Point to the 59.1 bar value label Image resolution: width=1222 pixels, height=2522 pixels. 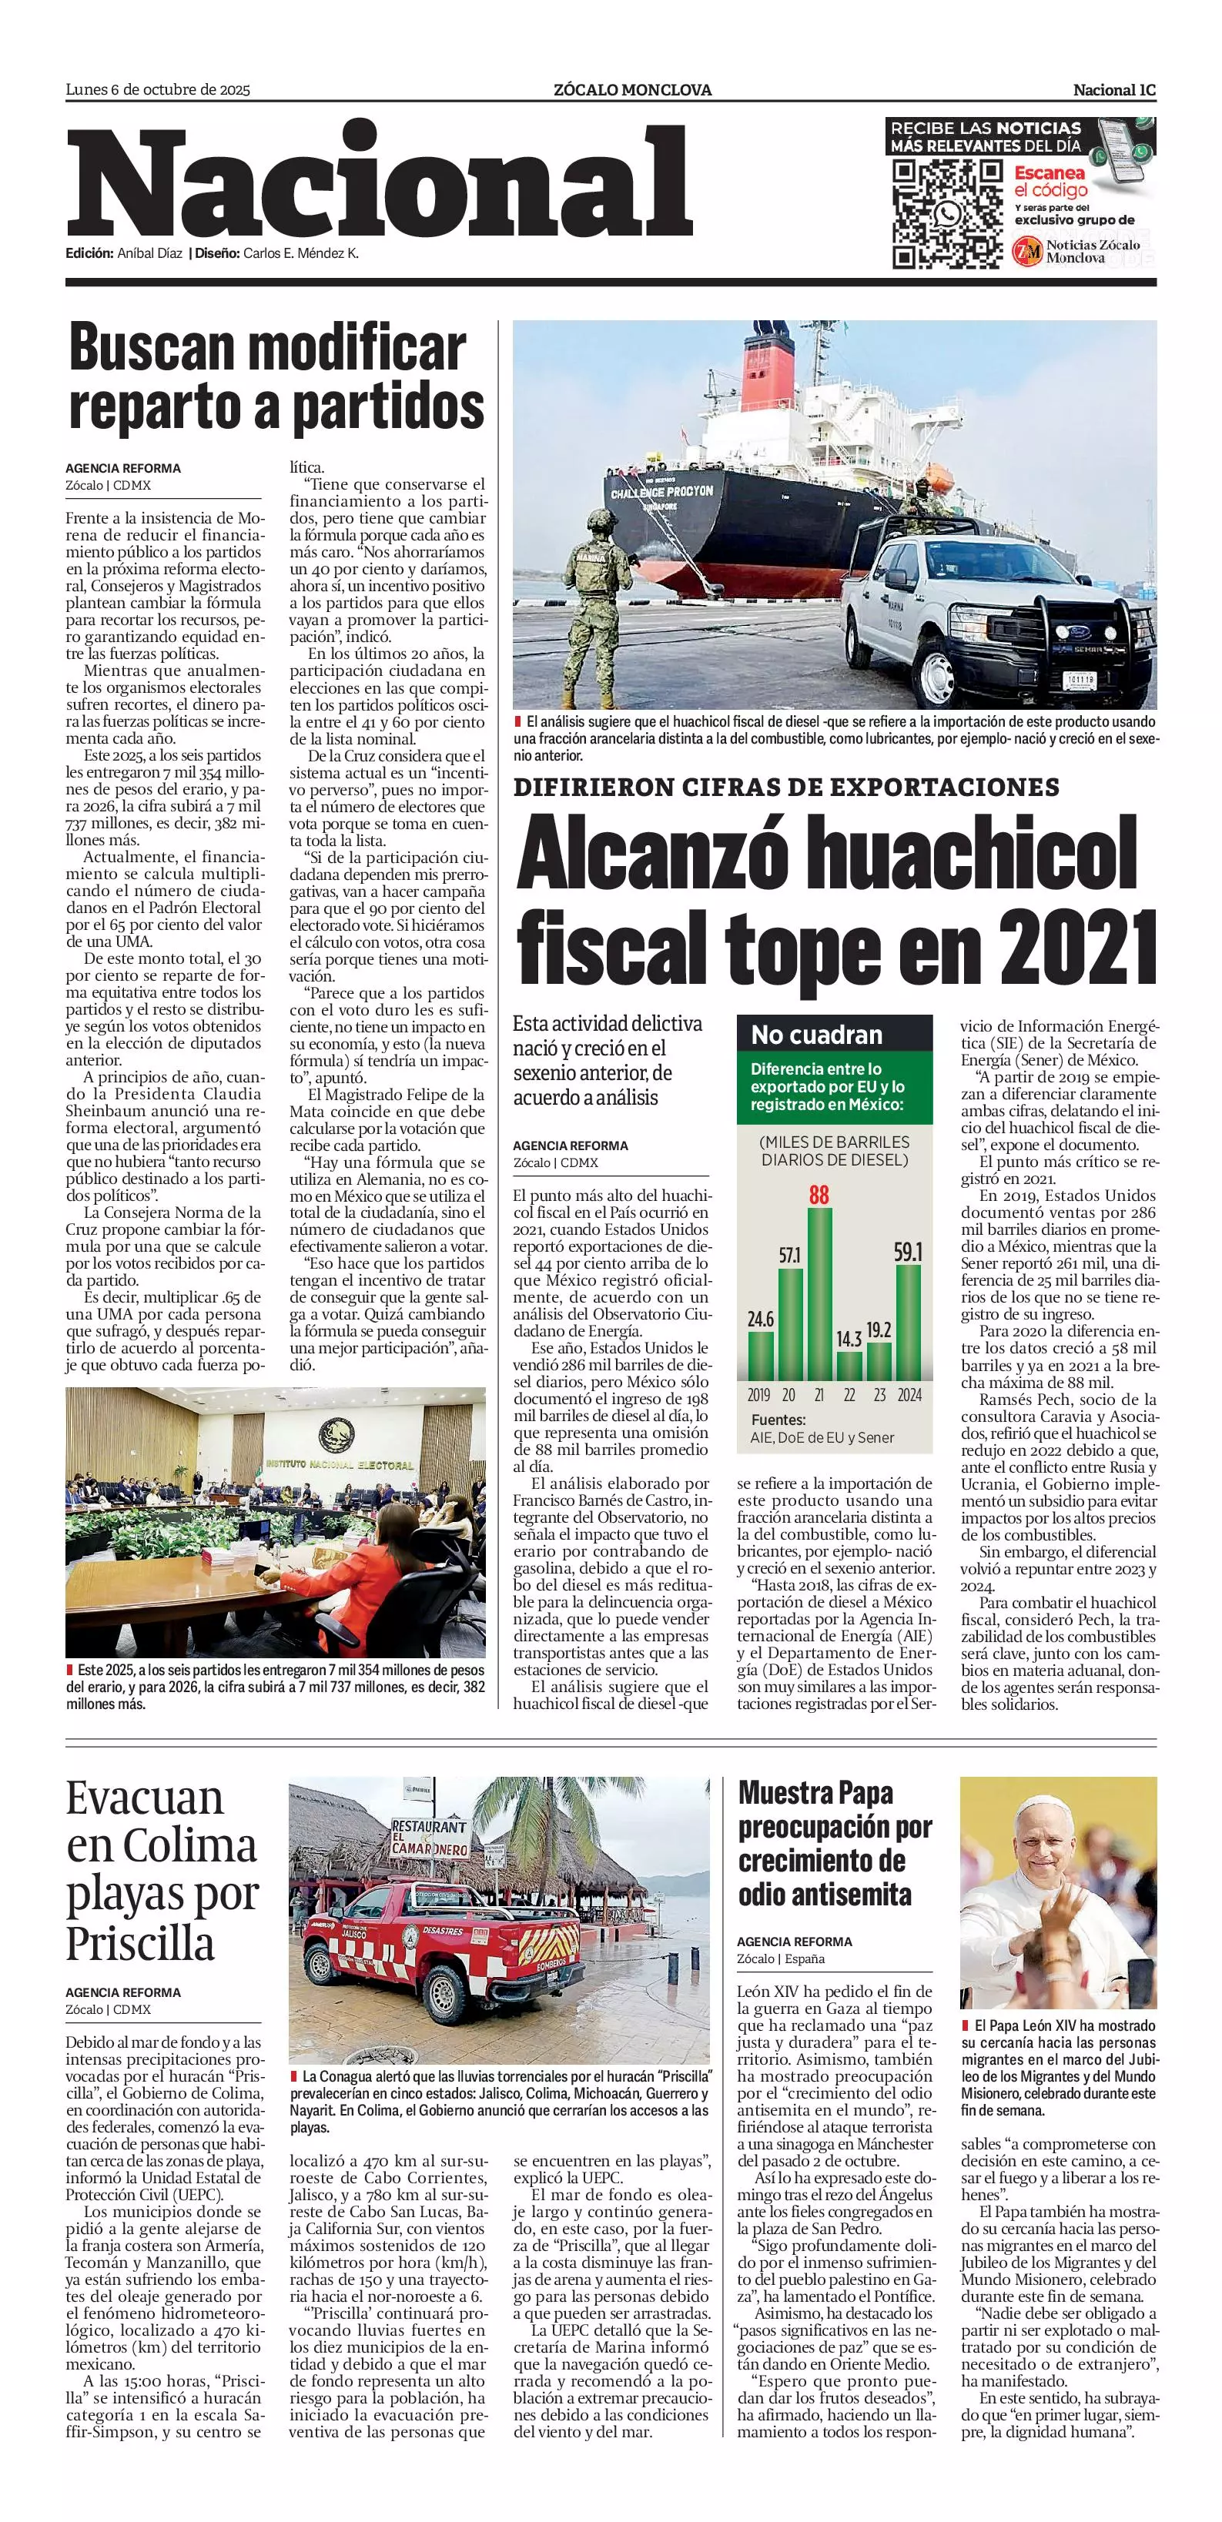tap(908, 1253)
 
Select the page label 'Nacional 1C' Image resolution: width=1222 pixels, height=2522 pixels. tap(1114, 90)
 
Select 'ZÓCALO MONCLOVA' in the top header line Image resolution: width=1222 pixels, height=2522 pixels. tap(632, 90)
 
